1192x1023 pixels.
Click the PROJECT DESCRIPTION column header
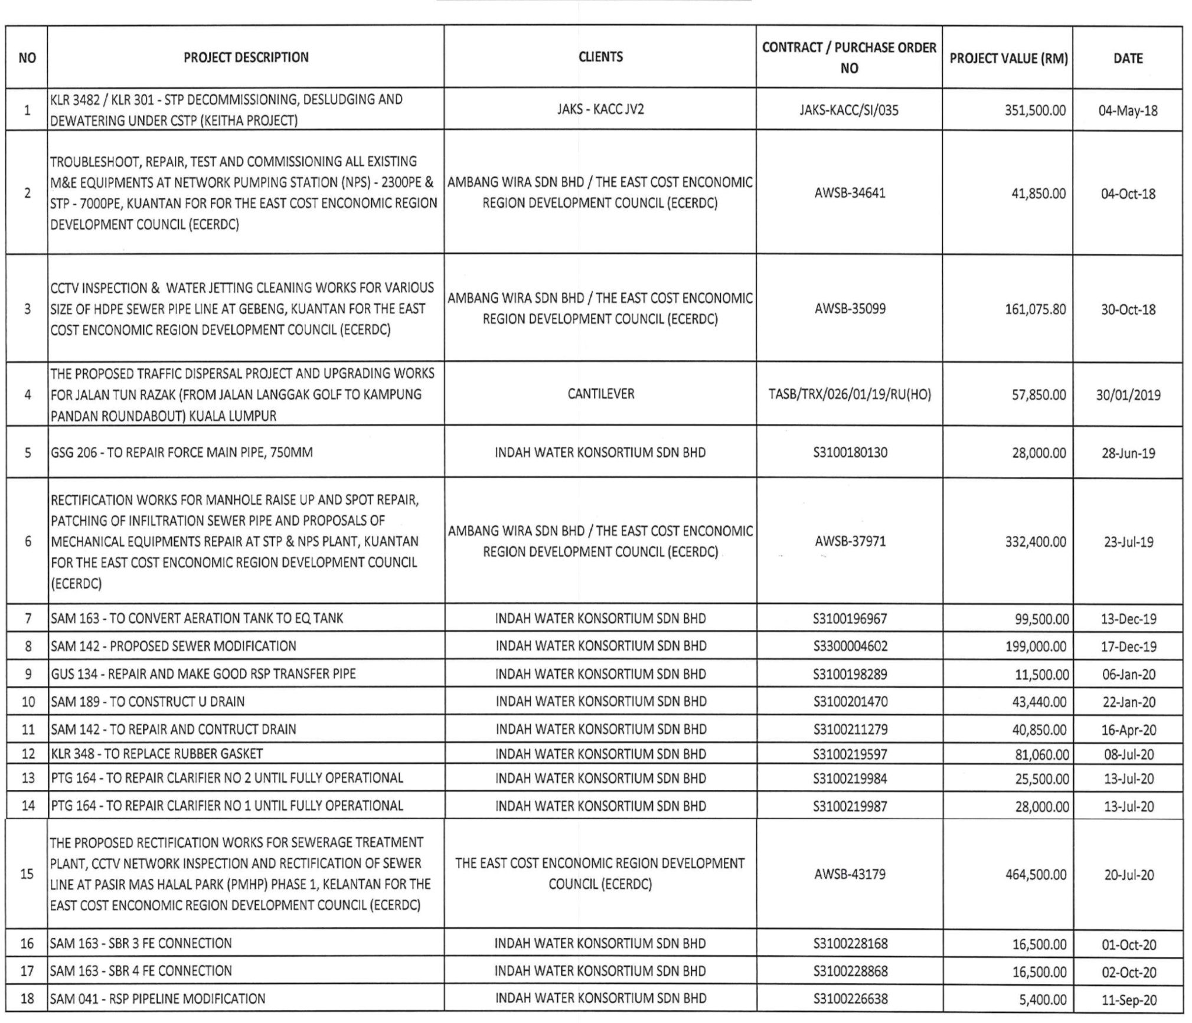[x=246, y=57]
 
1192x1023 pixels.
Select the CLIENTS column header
[x=600, y=57]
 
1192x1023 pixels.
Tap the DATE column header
[x=1128, y=58]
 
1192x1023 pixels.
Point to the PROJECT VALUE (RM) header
[x=1008, y=58]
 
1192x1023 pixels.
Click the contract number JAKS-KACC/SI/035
[x=849, y=110]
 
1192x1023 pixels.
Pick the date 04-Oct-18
[x=1128, y=194]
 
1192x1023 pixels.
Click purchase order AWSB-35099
[x=850, y=309]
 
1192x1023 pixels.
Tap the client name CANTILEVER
[x=600, y=394]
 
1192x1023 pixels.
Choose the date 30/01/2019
[x=1128, y=395]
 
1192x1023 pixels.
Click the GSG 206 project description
[x=182, y=453]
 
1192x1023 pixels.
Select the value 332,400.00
[x=1036, y=542]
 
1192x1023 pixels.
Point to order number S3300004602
[x=850, y=646]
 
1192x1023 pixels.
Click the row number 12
[x=28, y=754]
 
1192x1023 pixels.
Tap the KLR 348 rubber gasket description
[x=157, y=754]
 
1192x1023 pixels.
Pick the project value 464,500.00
[x=1036, y=875]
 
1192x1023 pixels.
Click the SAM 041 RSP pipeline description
[x=158, y=999]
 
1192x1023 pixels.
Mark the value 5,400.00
[x=1043, y=999]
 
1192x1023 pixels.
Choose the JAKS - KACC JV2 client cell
[x=600, y=109]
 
